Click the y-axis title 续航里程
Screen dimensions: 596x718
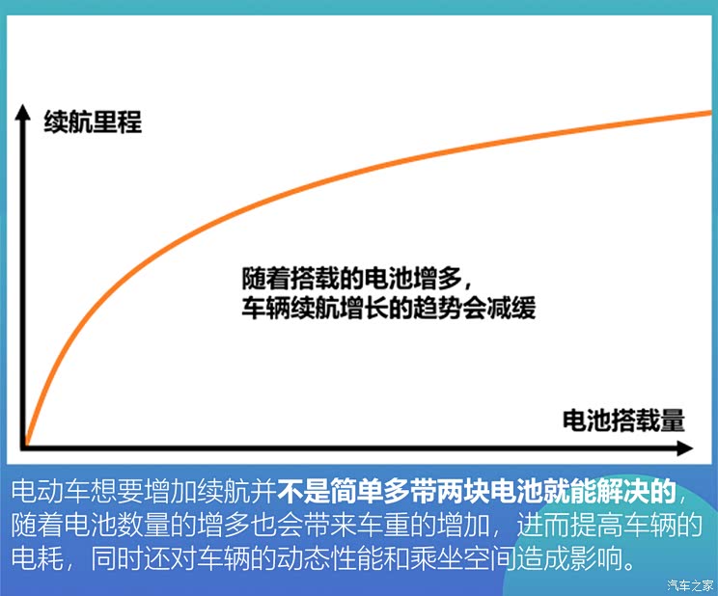(x=93, y=122)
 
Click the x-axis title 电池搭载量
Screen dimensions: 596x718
(x=623, y=420)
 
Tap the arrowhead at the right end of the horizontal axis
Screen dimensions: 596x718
(x=684, y=448)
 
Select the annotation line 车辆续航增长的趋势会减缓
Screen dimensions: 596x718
(x=388, y=310)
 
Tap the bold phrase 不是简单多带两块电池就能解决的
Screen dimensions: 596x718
(x=478, y=491)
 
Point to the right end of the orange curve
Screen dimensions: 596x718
(x=708, y=113)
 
